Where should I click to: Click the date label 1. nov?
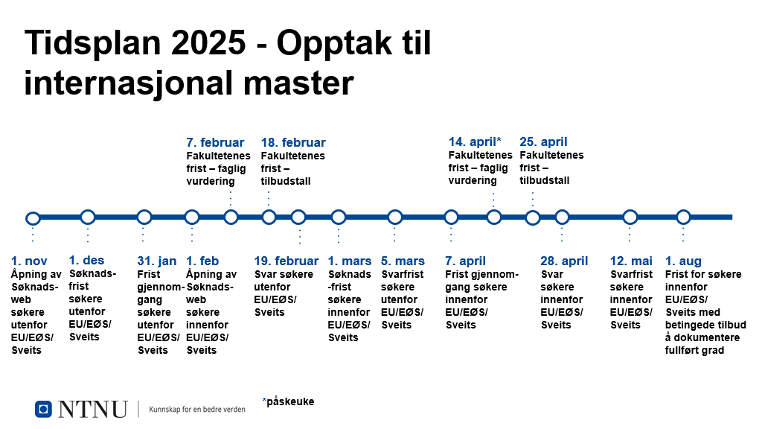29,261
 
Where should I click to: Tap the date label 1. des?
86,260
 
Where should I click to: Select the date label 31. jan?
156,261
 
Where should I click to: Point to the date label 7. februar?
215,142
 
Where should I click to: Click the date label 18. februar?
293,142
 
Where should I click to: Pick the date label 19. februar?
286,261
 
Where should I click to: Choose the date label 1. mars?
350,261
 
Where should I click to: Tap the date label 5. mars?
403,261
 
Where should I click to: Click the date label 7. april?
466,261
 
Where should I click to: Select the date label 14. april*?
474,142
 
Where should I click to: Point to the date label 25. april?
543,142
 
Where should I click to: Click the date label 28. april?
564,261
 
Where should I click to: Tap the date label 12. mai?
631,261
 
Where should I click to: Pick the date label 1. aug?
683,261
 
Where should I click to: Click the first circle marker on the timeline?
33,218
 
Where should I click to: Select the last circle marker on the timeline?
683,217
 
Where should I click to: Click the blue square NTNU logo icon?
43,409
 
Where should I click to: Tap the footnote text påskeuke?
290,401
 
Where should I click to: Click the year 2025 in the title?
208,42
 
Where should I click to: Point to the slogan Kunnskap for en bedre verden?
196,410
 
